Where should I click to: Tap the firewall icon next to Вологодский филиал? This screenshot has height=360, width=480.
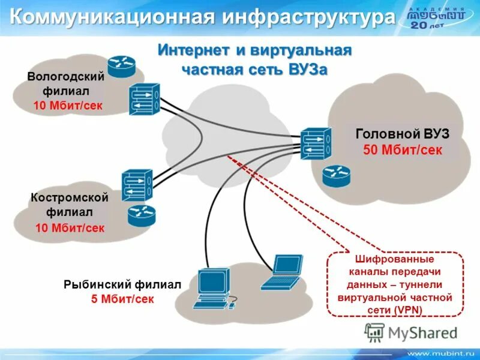pos(143,99)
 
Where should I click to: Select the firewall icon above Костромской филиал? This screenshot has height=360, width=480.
pos(137,185)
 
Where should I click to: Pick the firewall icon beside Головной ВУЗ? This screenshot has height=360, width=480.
pos(316,145)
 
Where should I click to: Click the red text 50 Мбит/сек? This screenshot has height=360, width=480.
pos(403,149)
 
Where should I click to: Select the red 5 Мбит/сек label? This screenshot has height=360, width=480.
pos(122,298)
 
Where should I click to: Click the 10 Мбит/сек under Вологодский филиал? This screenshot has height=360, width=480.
pos(68,106)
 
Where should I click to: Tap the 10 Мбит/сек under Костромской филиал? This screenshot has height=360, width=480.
pos(70,228)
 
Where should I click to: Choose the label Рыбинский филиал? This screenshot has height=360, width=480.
pos(122,284)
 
